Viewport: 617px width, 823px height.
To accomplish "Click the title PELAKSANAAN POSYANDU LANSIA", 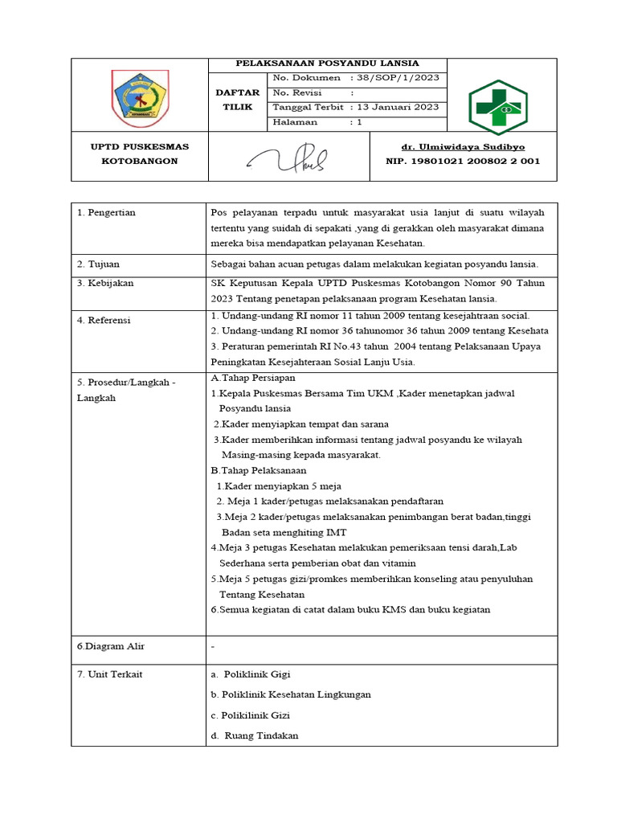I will [x=326, y=63].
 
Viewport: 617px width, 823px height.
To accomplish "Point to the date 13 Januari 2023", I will [x=398, y=108].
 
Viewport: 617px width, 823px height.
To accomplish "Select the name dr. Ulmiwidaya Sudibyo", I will [x=463, y=147].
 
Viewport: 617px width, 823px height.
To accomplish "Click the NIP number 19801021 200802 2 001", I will [x=463, y=161].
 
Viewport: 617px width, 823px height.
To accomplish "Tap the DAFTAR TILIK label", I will [x=238, y=100].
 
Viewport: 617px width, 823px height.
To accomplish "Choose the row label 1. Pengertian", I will [x=106, y=213].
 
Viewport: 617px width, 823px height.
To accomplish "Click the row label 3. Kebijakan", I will [x=105, y=284].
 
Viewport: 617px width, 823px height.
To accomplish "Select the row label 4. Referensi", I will [x=105, y=321].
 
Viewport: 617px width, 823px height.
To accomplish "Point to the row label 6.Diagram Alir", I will [x=111, y=646].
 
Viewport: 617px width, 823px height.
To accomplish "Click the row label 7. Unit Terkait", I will [x=109, y=674].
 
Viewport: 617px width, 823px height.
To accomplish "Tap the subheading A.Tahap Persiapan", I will [x=252, y=378].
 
